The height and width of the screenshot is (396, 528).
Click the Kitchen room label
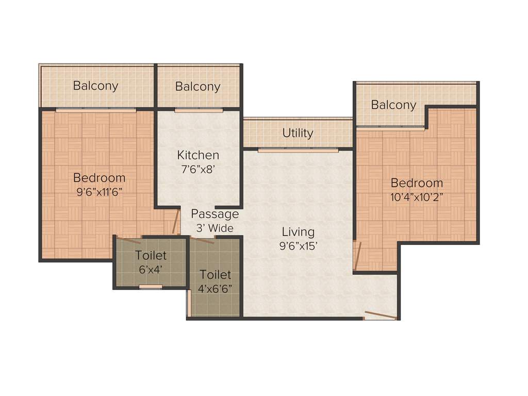(198, 155)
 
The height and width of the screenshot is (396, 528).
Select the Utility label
(298, 133)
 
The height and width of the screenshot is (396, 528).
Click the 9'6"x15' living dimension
(298, 246)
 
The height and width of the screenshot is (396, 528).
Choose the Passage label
(215, 214)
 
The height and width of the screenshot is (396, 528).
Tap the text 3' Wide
(215, 228)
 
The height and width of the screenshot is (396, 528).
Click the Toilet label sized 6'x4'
(151, 255)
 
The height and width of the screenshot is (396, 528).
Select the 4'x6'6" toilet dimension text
(216, 288)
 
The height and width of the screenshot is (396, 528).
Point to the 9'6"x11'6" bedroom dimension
(99, 192)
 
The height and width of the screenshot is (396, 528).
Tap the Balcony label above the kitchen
(197, 87)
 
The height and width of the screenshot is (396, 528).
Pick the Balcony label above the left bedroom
(95, 86)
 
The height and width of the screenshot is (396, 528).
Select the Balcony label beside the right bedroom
(393, 105)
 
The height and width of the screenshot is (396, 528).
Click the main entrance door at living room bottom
(380, 315)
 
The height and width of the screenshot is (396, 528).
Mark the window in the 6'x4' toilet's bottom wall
(151, 287)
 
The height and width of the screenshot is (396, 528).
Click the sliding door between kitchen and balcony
(199, 109)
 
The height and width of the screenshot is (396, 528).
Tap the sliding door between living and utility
(298, 150)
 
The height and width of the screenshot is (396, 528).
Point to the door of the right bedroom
(356, 255)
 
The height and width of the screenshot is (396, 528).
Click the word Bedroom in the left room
(99, 178)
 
